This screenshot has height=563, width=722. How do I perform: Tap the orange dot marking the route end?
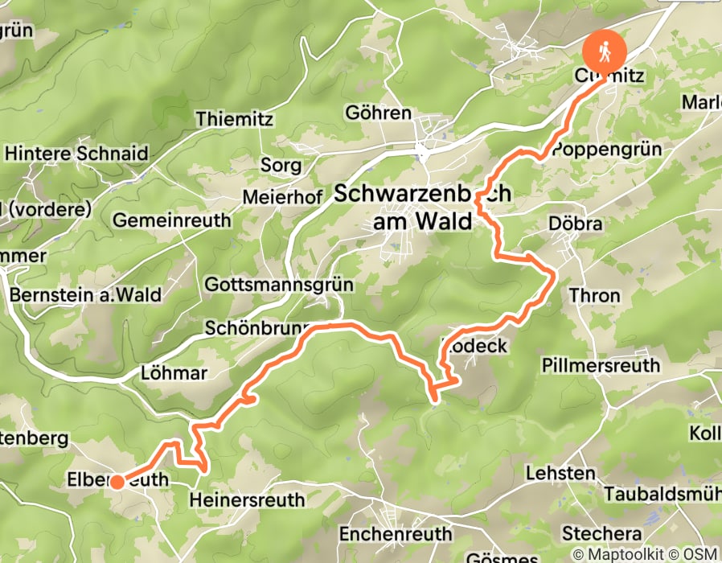click(117, 482)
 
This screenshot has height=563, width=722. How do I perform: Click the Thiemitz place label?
click(235, 119)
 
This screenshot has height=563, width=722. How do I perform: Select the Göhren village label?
click(378, 112)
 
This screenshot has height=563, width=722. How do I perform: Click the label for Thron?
click(595, 295)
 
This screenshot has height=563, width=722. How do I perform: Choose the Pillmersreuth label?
click(601, 365)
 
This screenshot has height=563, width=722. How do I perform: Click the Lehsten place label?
click(560, 473)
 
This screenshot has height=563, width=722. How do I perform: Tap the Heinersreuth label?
click(248, 500)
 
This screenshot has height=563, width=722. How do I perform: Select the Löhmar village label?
click(174, 373)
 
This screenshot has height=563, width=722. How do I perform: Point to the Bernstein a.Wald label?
click(85, 295)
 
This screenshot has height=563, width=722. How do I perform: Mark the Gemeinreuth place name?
click(172, 220)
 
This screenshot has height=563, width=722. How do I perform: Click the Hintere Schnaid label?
click(76, 153)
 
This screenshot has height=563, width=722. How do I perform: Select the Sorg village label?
click(281, 166)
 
